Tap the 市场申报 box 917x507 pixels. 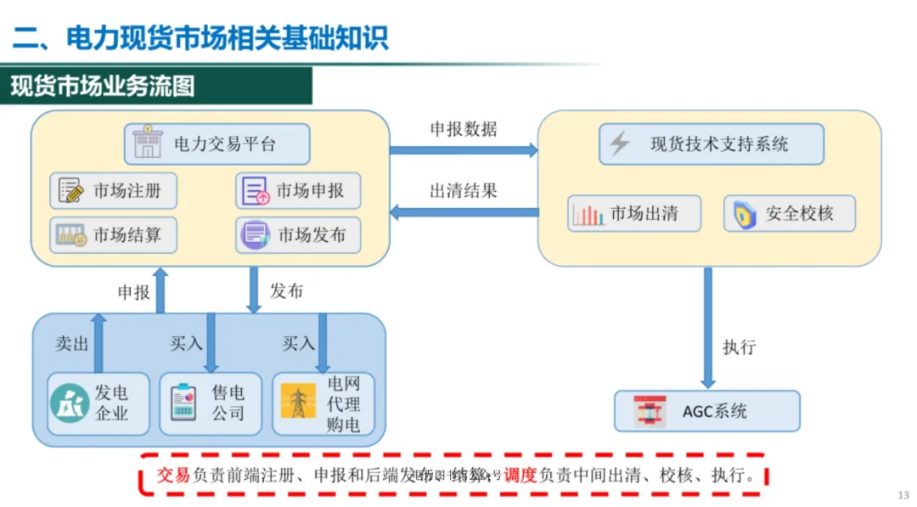pos(298,191)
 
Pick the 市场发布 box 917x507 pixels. pos(298,235)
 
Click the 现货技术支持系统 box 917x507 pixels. pos(711,144)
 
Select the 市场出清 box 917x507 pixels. pos(634,213)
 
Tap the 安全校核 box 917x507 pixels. pos(789,213)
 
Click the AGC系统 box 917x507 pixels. pos(707,411)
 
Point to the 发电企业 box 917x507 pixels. pos(98,403)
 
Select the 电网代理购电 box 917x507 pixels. pos(323,403)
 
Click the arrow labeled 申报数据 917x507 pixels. pos(464,150)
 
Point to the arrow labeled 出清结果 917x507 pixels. pos(464,211)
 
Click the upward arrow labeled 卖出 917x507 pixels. pos(98,343)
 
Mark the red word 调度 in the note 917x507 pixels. pos(521,476)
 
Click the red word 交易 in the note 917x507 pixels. pos(174,476)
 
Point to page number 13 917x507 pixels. pos(903,495)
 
